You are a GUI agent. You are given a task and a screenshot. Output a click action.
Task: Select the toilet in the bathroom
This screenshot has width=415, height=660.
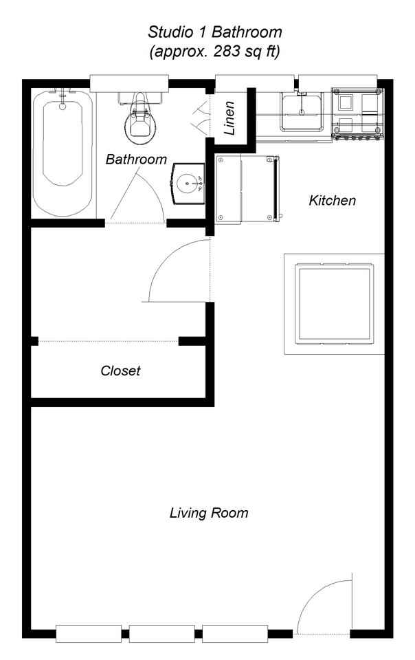(x=139, y=121)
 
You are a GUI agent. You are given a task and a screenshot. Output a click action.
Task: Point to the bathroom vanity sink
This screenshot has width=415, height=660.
(x=187, y=184)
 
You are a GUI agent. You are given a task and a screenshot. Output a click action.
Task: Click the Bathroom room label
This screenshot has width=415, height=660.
(x=136, y=159)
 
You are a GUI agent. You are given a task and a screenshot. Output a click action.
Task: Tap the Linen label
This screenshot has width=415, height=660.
(x=232, y=119)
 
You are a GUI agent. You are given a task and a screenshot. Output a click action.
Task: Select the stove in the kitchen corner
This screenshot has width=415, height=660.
(x=357, y=113)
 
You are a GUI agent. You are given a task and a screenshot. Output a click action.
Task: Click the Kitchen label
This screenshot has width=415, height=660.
(x=333, y=201)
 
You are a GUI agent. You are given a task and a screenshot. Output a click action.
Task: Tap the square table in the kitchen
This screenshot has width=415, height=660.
(x=335, y=303)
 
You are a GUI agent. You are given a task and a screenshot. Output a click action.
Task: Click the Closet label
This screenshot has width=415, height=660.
(x=120, y=371)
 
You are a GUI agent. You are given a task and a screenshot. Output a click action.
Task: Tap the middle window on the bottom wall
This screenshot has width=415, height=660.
(x=161, y=633)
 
